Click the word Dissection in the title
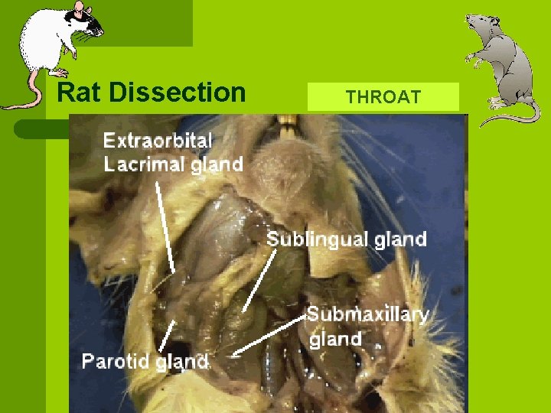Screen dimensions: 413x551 point(178,93)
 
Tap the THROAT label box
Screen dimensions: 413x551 point(383,97)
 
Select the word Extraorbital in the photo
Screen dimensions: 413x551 point(158,140)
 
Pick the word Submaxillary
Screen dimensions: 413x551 point(367,314)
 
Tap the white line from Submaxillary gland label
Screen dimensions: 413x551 point(269,337)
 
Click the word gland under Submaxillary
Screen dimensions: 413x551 point(335,338)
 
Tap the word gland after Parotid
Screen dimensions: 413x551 point(181,361)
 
